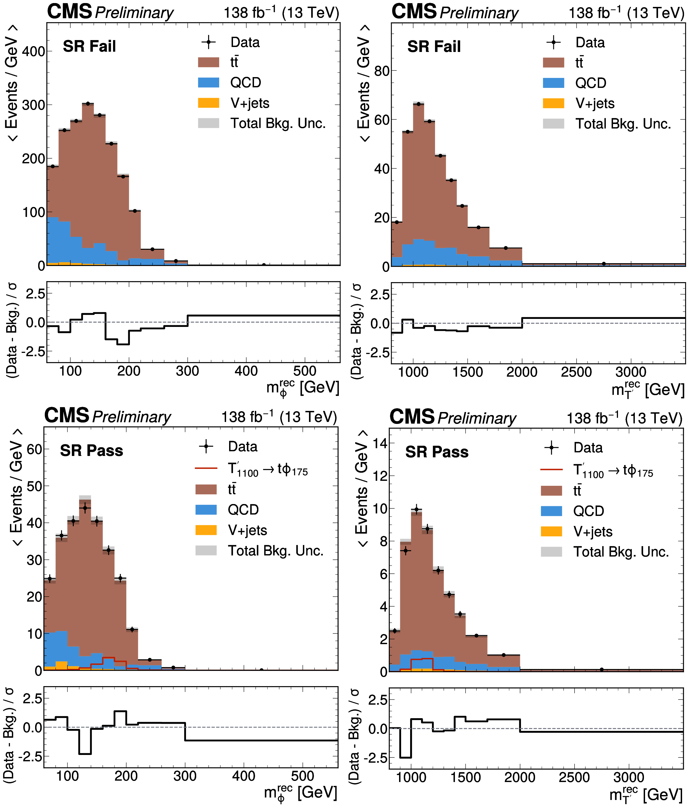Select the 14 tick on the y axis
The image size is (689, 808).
[x=380, y=444]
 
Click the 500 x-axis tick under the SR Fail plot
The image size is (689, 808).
[x=305, y=371]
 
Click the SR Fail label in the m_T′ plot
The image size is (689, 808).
[x=434, y=47]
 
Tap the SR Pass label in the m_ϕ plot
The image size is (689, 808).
[x=92, y=450]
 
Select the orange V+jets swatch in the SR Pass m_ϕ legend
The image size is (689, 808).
[x=206, y=530]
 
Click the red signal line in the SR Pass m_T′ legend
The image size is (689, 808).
[x=551, y=469]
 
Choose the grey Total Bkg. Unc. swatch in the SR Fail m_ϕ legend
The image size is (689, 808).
[x=209, y=123]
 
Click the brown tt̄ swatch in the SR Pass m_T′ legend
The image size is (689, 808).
[x=551, y=490]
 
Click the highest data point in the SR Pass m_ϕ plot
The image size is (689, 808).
[x=85, y=508]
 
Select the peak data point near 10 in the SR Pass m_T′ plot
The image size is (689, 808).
[x=417, y=509]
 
